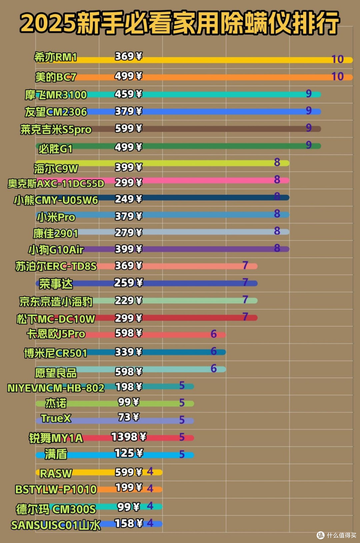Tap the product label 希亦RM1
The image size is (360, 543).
[x=55, y=57]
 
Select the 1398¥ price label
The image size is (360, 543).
[x=129, y=437]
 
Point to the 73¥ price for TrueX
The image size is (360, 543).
[x=129, y=417]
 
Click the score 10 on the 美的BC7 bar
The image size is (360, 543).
[x=337, y=76]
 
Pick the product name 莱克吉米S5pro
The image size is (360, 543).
[x=56, y=130]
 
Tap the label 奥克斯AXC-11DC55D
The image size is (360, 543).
[x=56, y=183]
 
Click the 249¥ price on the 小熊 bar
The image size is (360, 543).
[x=128, y=199]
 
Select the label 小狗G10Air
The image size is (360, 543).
[x=56, y=250]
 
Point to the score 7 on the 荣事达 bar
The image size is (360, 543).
[x=245, y=282]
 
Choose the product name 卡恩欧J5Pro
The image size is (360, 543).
[x=56, y=334]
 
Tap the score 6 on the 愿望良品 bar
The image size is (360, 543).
[x=213, y=369]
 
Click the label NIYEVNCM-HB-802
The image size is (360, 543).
[x=56, y=388]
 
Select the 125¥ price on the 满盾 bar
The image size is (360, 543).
[x=129, y=453]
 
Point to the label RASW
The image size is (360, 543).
[x=56, y=473]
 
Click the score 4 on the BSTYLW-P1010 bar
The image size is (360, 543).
[x=150, y=488]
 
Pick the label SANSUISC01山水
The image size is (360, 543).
[x=56, y=525]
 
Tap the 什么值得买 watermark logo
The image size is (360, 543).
[x=337, y=535]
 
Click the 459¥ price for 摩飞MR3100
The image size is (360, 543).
[x=128, y=94]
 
